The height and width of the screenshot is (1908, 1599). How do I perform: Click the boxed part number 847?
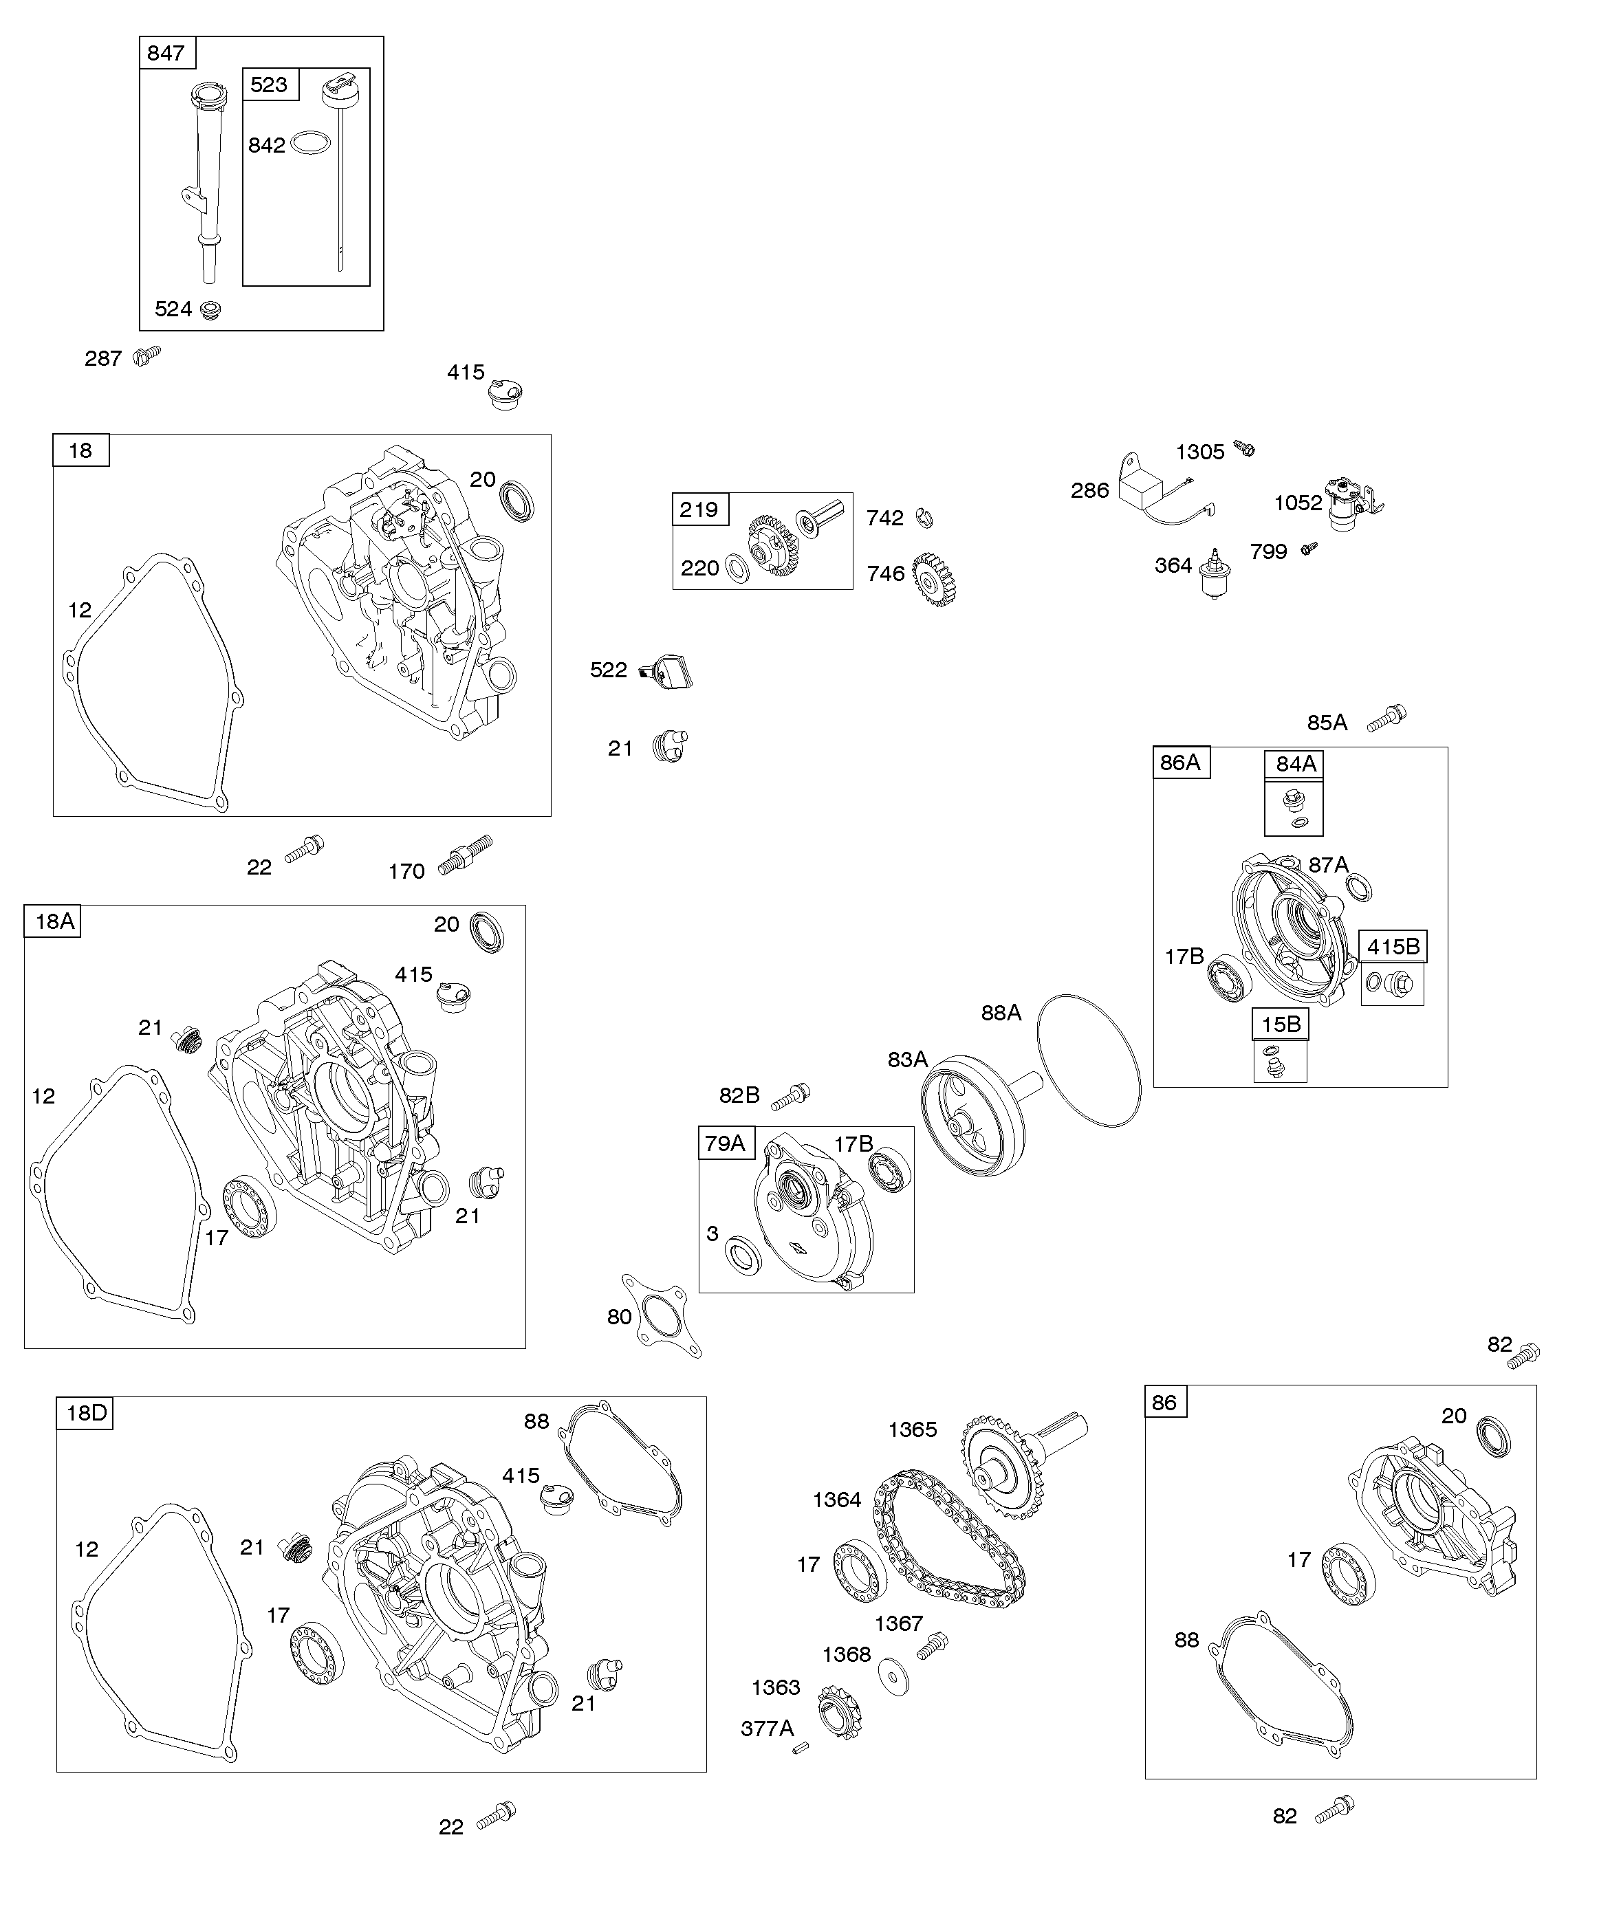(x=166, y=54)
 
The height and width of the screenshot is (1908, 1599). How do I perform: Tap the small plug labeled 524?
(x=212, y=310)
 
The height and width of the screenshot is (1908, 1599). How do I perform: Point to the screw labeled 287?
(x=147, y=354)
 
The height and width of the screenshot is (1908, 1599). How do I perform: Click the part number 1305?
(x=1200, y=452)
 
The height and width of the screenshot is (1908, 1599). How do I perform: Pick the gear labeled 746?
(x=935, y=579)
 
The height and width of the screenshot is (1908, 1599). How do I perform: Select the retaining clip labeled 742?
(x=924, y=518)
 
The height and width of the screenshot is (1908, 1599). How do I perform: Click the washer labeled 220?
(x=738, y=571)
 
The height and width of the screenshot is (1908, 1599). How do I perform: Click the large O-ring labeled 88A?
(x=1088, y=1060)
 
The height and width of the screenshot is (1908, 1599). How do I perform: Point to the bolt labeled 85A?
(x=1387, y=718)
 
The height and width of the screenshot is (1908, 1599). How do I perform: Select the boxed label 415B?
(x=1393, y=947)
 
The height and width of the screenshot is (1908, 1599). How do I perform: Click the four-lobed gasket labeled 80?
(x=662, y=1317)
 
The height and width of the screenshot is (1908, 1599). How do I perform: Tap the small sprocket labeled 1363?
(x=839, y=1713)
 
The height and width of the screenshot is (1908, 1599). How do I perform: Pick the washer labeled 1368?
(x=895, y=1676)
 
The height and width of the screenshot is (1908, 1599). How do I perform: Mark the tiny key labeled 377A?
(x=800, y=1748)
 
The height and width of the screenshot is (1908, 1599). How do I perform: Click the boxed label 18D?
(x=87, y=1414)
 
